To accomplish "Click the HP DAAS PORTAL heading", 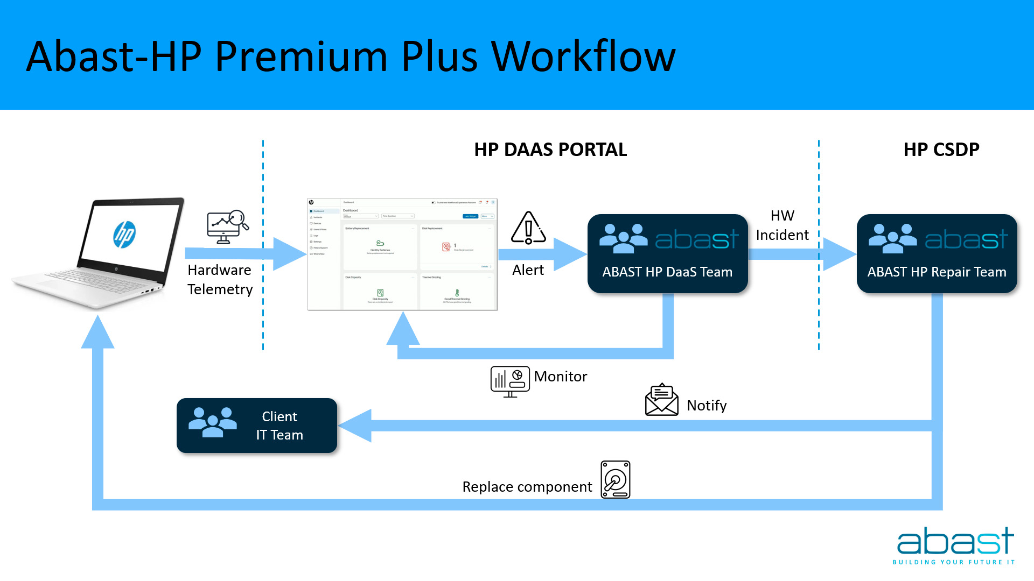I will (550, 150).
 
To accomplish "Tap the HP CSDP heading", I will (941, 150).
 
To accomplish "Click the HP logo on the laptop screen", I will (124, 235).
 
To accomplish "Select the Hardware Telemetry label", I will (220, 280).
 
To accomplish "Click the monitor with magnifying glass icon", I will (227, 226).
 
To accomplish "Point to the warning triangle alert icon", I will (528, 228).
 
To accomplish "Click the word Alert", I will (528, 270).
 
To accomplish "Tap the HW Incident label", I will (782, 225).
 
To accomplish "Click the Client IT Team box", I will (257, 426).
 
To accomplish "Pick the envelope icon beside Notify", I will (661, 400).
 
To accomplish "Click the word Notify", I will (707, 406).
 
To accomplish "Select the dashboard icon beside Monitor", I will (509, 381).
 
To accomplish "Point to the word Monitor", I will (560, 377).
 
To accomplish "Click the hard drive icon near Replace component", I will (616, 479).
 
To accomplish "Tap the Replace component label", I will (527, 487).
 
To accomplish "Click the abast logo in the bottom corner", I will (955, 545).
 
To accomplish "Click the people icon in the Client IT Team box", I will (212, 422).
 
